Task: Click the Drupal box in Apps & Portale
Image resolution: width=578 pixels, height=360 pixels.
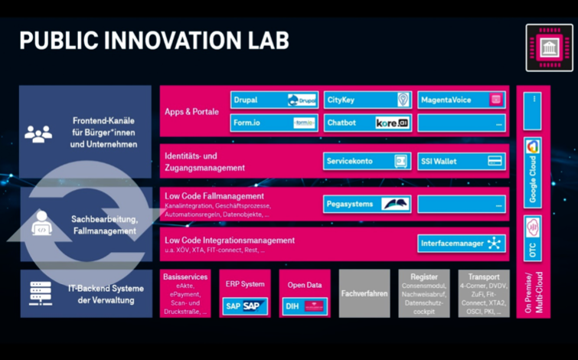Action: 274,100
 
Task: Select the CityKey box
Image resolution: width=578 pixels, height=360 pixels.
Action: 367,100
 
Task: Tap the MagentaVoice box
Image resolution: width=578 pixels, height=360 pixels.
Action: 461,100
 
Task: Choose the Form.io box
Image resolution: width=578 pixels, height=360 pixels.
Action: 274,123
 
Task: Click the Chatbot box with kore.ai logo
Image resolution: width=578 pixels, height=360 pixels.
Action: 367,123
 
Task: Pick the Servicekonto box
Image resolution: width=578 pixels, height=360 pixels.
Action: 367,161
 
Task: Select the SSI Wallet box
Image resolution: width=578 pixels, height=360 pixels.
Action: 461,161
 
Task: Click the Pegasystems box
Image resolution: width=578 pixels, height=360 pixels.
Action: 367,204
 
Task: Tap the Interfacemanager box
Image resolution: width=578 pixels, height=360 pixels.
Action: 461,244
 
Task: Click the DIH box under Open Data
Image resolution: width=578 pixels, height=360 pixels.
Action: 304,306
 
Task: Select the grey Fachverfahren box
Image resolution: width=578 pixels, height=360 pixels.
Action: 364,293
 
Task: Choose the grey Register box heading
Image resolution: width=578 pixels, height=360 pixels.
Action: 423,277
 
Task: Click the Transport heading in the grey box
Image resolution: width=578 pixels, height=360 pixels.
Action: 483,277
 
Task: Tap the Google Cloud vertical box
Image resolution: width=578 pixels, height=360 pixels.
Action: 533,172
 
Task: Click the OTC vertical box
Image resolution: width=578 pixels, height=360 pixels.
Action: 533,237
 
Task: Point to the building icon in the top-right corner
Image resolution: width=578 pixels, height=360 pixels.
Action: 549,48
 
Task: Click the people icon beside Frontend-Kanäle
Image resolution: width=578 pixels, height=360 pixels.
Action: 38,133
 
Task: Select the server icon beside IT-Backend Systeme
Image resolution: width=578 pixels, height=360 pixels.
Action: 39,293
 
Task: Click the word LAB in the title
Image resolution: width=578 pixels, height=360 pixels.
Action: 264,41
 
